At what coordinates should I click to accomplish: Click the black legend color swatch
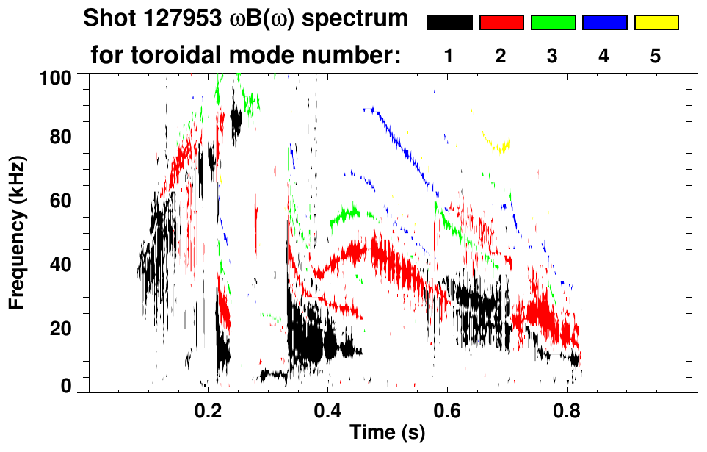coord(449,23)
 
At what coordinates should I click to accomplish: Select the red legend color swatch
coord(501,23)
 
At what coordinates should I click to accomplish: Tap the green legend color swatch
coord(553,23)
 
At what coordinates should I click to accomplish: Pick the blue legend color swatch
coord(604,23)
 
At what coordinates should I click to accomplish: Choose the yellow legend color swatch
coord(656,23)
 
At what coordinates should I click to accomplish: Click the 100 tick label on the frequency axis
coord(55,76)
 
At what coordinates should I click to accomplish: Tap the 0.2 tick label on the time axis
coord(209,413)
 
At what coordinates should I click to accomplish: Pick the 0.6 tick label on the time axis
coord(447,413)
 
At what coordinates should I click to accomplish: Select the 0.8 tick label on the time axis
coord(566,413)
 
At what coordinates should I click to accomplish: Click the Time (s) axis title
coord(387,434)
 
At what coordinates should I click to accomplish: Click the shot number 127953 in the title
coord(182,18)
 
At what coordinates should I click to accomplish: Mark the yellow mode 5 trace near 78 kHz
coord(501,146)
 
